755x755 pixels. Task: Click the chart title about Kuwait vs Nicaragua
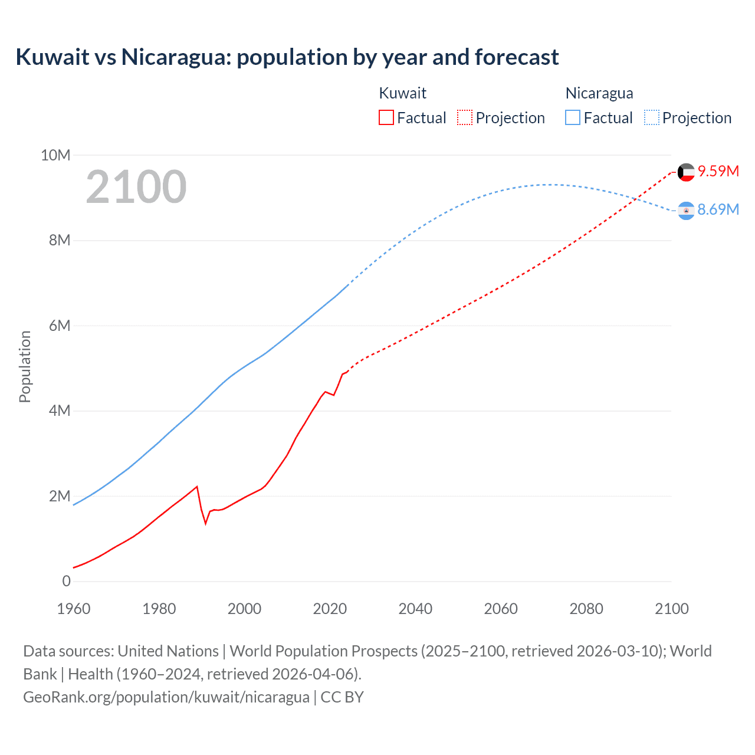point(287,57)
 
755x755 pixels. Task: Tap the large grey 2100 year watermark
point(136,187)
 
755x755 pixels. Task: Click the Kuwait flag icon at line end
point(686,172)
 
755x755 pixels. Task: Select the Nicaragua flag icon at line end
point(686,211)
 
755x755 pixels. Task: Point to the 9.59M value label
point(718,171)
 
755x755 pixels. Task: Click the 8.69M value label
point(718,209)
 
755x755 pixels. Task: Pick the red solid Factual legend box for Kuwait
point(386,117)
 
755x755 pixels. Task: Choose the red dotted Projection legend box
point(465,117)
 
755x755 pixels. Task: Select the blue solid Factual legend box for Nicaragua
point(572,117)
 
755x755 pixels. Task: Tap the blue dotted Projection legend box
point(651,117)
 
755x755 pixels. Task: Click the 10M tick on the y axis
point(55,155)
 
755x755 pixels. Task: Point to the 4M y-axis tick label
point(59,411)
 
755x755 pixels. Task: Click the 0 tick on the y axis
point(66,581)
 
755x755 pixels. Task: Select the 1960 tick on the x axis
point(74,609)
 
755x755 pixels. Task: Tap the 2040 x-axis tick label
point(415,609)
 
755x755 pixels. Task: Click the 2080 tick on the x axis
point(586,609)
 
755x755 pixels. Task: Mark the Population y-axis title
point(25,366)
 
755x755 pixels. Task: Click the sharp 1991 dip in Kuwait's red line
point(206,523)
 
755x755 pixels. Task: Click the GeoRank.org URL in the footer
point(166,697)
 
